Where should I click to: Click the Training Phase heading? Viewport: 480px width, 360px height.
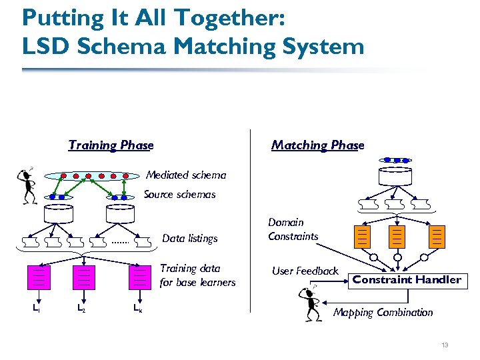(x=111, y=145)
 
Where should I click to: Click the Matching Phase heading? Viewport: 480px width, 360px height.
(x=317, y=145)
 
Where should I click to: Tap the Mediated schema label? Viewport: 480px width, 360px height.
(x=186, y=175)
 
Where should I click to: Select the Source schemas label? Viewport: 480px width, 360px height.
(x=180, y=195)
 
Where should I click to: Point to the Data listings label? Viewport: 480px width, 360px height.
(x=190, y=238)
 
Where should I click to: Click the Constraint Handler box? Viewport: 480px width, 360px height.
(x=407, y=280)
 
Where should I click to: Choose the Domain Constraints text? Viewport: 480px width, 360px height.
(x=293, y=229)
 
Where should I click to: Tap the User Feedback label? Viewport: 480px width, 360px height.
(x=305, y=271)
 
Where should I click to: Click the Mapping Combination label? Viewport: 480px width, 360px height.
(x=383, y=312)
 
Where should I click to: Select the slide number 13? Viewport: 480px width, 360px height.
(x=445, y=345)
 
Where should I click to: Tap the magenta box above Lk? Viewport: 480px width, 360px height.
(x=140, y=277)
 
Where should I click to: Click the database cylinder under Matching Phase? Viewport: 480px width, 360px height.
(x=395, y=177)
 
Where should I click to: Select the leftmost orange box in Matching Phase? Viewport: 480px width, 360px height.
(x=361, y=236)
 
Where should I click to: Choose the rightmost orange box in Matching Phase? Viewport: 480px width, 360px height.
(x=437, y=236)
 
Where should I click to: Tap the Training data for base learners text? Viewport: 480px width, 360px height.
(x=197, y=275)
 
